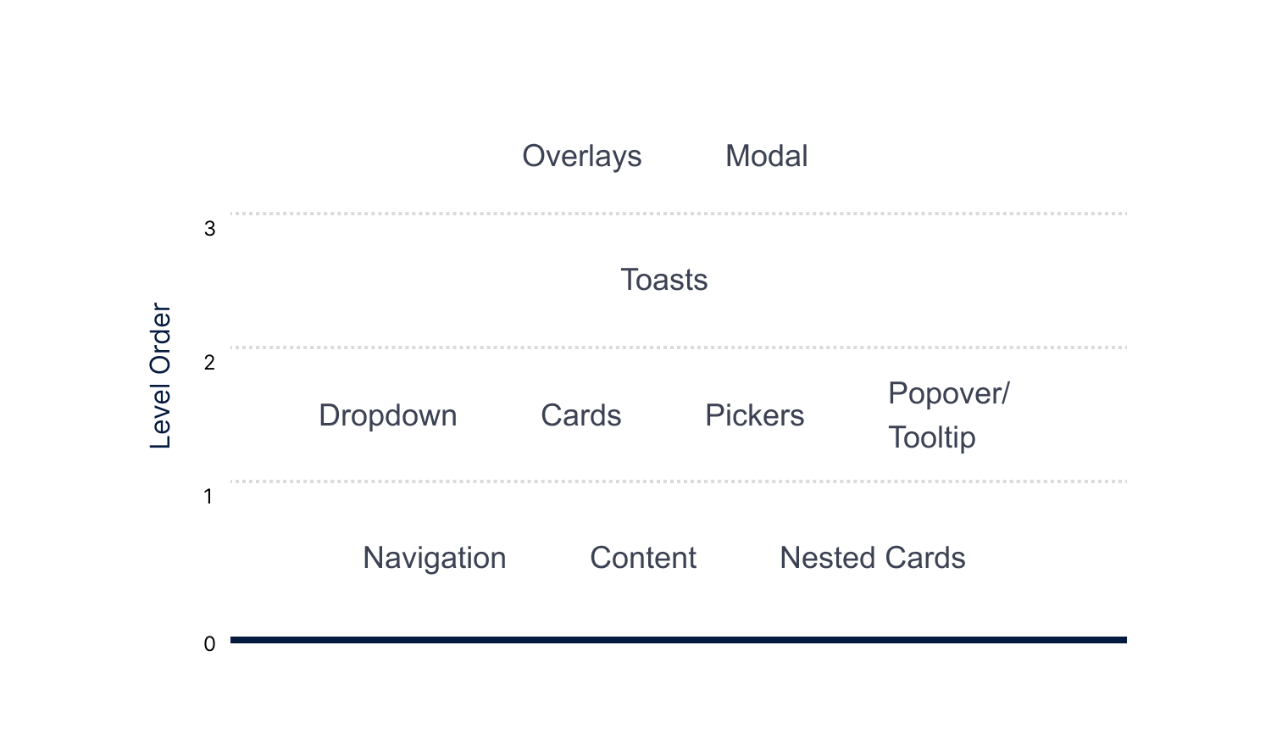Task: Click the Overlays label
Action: coord(581,156)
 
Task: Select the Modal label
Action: coord(766,156)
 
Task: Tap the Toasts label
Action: coord(663,280)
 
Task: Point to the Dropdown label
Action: coord(387,415)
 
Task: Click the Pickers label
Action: coord(754,415)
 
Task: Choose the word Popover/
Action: coord(948,393)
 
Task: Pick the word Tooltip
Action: coord(931,437)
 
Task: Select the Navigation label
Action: coord(434,558)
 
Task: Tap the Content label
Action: coord(642,558)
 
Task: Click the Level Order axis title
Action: coord(160,375)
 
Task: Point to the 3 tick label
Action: coord(209,229)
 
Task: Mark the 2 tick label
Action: coord(209,363)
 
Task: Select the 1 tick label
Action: coord(208,497)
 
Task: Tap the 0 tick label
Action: coord(209,644)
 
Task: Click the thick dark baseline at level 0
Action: coord(678,640)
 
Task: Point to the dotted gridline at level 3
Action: coord(678,214)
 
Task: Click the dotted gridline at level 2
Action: coord(678,348)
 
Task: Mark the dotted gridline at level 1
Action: coord(678,481)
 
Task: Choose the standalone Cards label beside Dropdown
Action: coord(580,415)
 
